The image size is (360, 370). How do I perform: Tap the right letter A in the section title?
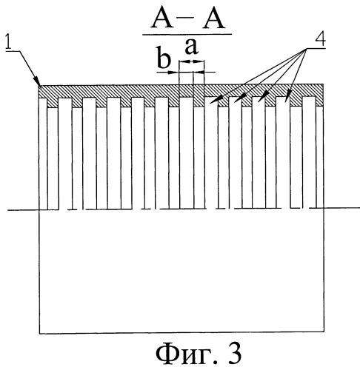point(213,19)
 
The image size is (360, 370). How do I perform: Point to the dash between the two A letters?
point(188,18)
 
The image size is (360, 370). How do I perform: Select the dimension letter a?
point(191,47)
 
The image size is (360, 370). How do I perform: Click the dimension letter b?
point(164,58)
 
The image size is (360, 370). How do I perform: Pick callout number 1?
point(10,43)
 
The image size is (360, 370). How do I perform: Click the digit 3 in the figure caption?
point(233,354)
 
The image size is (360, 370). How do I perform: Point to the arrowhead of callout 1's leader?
point(39,83)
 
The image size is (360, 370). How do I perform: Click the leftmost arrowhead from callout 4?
point(214,100)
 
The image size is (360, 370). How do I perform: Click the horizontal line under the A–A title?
point(187,34)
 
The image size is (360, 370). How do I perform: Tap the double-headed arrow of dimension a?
point(192,61)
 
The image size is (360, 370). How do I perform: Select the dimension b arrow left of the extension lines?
point(167,73)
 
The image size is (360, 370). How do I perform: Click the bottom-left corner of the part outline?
point(40,334)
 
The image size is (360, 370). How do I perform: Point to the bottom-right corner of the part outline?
point(324,332)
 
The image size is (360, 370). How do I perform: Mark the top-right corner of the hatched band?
point(323,84)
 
